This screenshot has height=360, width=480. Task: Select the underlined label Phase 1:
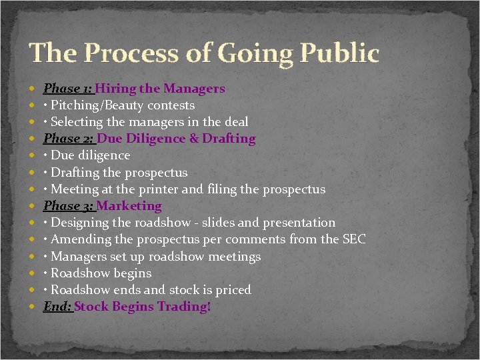coord(68,88)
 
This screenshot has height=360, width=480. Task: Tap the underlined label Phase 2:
coord(69,139)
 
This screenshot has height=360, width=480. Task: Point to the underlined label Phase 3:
coord(69,206)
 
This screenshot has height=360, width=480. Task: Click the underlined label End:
coord(58,307)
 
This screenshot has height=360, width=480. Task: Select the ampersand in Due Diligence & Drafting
coord(194,139)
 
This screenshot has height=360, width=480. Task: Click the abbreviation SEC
coord(353,239)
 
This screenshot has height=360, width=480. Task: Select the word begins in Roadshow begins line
coord(133,273)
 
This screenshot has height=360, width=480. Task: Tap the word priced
coord(233,290)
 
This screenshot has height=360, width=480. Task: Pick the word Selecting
coord(78,122)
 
